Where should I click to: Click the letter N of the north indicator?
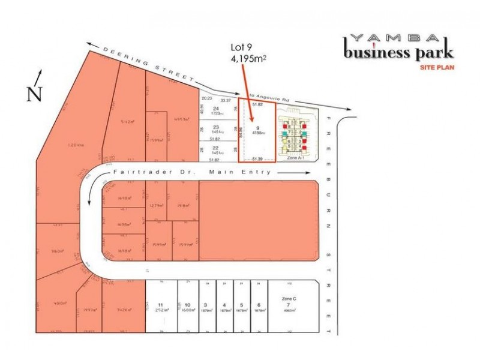click(x=35, y=94)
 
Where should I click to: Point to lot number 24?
click(x=216, y=108)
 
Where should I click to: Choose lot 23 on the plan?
click(x=216, y=127)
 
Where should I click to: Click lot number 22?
click(x=216, y=148)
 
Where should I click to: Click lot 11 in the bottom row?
click(x=160, y=305)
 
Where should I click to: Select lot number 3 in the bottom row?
click(x=206, y=305)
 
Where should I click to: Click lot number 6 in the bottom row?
click(x=258, y=305)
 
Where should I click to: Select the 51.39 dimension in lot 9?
click(x=257, y=158)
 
